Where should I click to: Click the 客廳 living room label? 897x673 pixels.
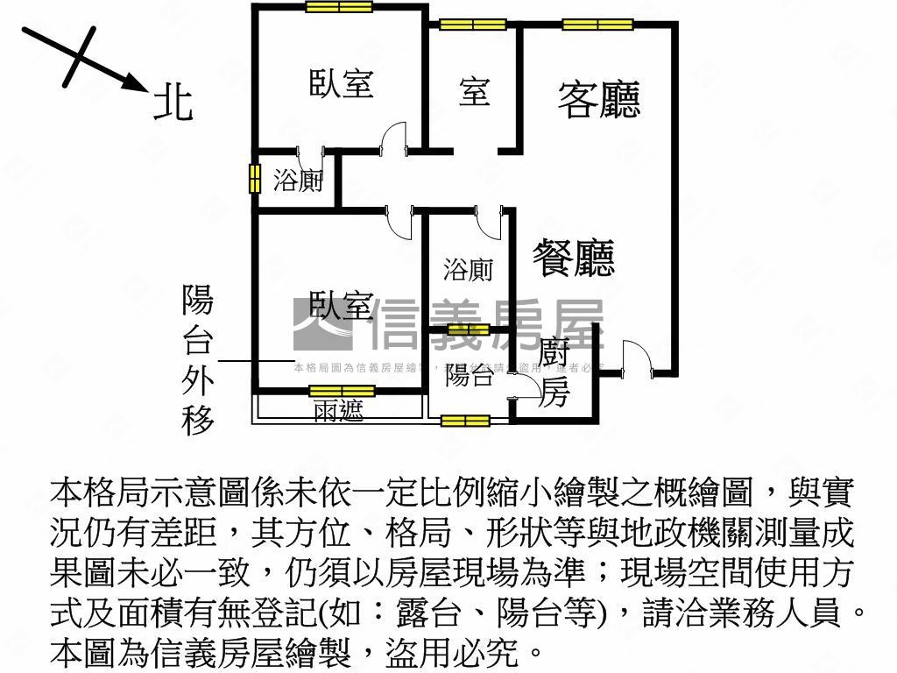pos(599,99)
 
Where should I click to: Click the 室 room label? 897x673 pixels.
pos(474,91)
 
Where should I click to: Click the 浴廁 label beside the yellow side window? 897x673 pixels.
pos(298,182)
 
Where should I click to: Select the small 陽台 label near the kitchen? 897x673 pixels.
pos(469,377)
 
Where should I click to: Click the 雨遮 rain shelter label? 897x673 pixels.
pos(338,410)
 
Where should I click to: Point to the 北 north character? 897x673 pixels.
pos(173,100)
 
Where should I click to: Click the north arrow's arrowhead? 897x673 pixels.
pos(135,82)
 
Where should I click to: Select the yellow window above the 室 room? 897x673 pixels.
pos(473,25)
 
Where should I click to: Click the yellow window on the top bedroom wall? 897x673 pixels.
pos(339,7)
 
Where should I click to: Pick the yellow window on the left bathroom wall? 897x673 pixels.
pos(254,179)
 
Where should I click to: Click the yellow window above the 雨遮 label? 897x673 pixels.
pos(342,391)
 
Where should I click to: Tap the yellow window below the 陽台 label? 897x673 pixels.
pos(464,422)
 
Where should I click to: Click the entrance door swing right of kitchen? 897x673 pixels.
pos(634,358)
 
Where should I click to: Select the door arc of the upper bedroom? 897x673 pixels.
pos(394,138)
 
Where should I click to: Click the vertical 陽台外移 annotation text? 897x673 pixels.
pos(197,360)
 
